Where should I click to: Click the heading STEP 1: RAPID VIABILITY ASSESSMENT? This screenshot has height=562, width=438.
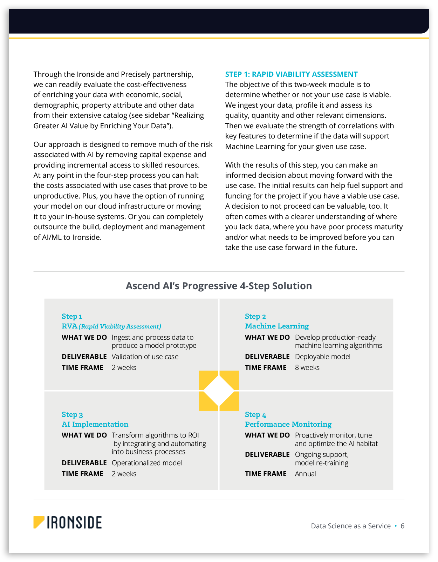291,74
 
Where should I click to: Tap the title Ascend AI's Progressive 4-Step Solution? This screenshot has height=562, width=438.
219,286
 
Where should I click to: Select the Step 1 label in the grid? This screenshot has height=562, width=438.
72,317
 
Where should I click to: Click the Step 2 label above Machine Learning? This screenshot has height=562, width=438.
255,317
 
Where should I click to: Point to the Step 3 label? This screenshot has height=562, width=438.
72,415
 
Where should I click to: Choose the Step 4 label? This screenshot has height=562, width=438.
255,415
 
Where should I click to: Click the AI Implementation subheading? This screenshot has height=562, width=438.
95,424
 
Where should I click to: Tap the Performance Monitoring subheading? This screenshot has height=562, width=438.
288,424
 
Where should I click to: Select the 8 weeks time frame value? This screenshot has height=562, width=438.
307,368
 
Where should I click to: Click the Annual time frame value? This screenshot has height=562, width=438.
306,474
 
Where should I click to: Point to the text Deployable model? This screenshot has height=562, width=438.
322,357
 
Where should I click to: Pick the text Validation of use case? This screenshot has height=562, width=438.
145,357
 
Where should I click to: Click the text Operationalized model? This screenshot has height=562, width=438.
147,463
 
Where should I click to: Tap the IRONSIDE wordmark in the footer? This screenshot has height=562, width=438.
74,522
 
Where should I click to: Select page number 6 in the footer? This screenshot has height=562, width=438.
403,526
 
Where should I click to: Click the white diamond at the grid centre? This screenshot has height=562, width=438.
219,391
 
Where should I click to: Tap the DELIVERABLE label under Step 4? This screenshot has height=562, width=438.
267,455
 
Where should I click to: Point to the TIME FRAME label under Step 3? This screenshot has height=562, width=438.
82,474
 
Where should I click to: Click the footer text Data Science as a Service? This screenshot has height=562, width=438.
351,526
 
